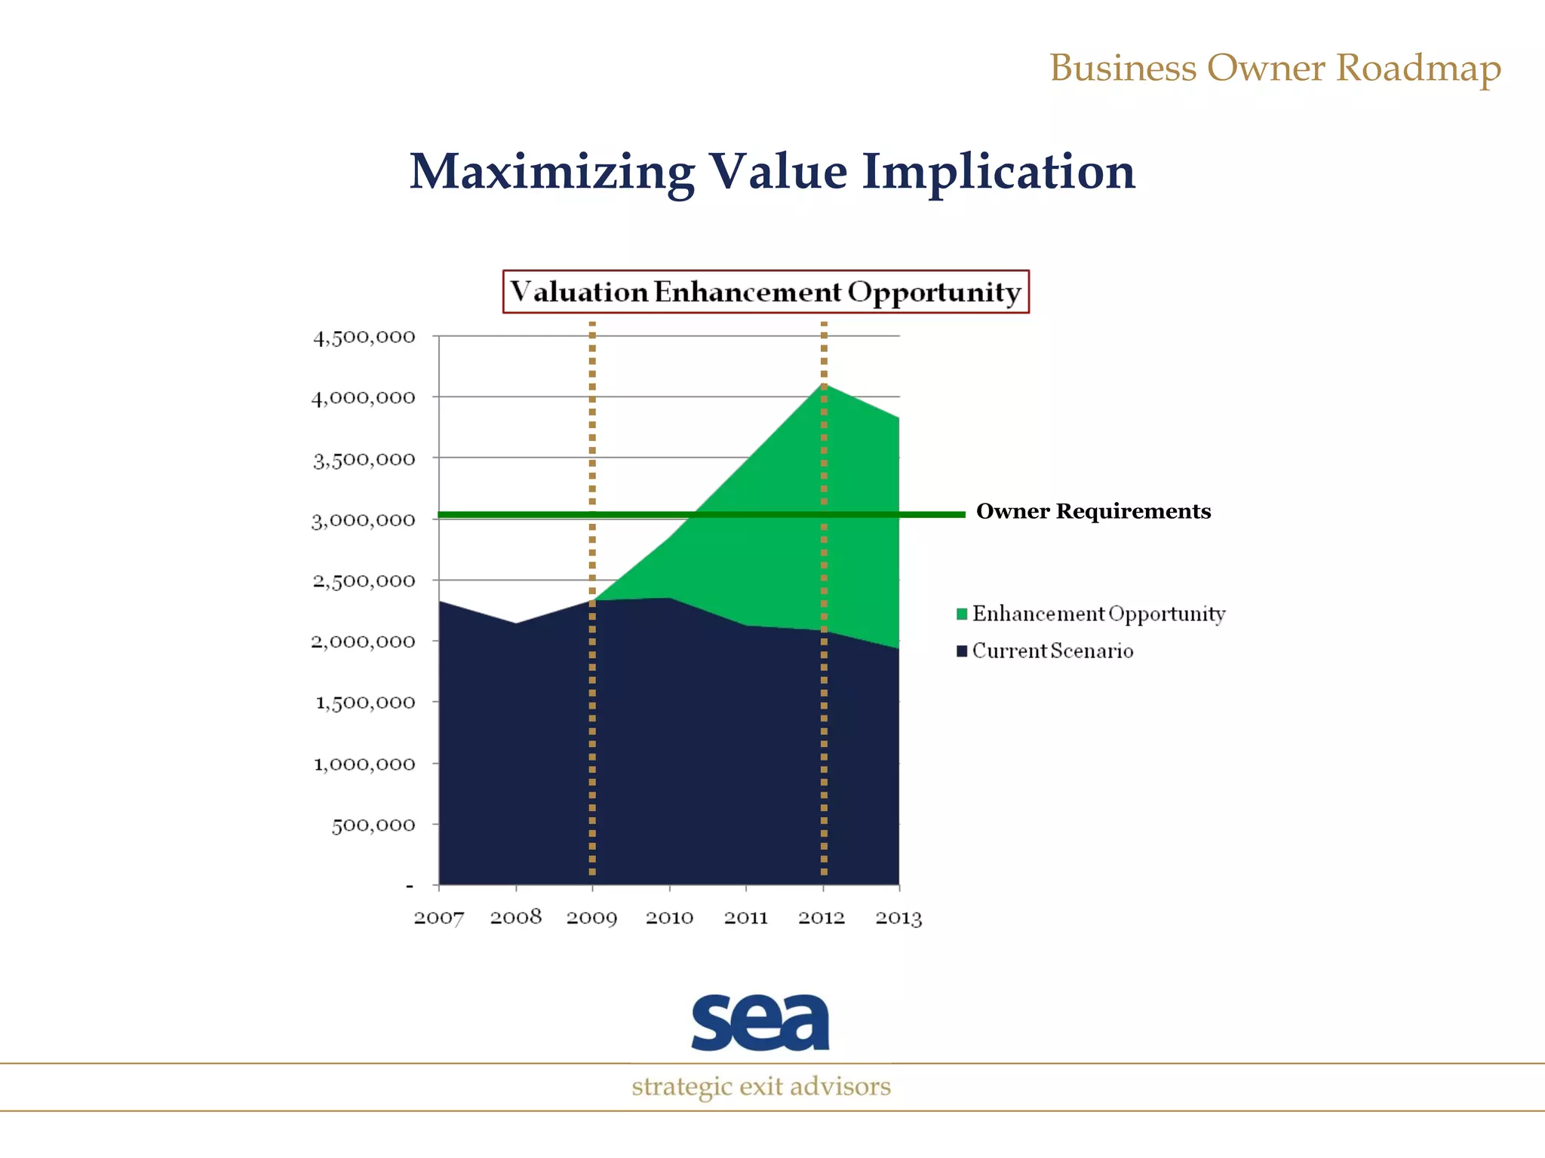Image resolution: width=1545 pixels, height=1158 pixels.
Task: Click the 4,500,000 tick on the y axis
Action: [364, 337]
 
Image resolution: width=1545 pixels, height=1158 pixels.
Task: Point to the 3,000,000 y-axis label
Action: [363, 520]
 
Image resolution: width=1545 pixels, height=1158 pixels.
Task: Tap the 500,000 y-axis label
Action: [373, 825]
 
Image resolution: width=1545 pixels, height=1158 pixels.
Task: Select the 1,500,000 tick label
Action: [364, 703]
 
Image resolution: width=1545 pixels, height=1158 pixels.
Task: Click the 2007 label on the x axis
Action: [439, 918]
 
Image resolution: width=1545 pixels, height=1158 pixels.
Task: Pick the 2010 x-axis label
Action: [669, 918]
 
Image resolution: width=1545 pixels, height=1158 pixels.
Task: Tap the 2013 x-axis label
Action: [898, 918]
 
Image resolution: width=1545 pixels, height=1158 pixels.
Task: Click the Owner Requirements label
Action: [1093, 511]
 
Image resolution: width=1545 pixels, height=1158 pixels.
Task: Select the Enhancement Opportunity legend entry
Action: [1098, 614]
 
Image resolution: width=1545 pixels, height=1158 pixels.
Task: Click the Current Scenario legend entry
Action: [1052, 651]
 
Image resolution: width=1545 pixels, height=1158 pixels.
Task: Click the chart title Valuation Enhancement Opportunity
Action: [766, 292]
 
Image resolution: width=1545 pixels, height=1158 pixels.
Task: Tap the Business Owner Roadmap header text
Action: [1275, 68]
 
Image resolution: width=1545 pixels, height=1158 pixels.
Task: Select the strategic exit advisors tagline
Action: [761, 1086]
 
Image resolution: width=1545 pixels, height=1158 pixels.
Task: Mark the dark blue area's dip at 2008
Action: [516, 624]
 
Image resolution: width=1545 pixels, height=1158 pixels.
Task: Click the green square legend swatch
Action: [962, 614]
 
